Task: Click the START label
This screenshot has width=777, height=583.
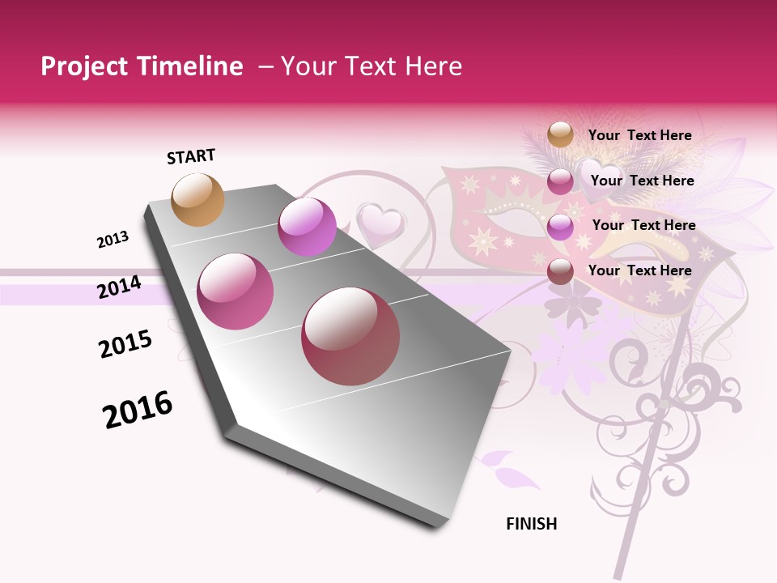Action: pyautogui.click(x=191, y=156)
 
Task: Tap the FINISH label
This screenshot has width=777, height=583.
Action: pyautogui.click(x=531, y=524)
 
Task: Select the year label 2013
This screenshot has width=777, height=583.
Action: pyautogui.click(x=113, y=240)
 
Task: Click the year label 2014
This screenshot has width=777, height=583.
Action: pyautogui.click(x=119, y=287)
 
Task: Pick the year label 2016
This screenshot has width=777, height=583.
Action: pyautogui.click(x=138, y=410)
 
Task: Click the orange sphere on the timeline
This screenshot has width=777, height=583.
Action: pyautogui.click(x=198, y=199)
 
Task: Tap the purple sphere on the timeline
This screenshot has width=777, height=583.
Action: pyautogui.click(x=307, y=227)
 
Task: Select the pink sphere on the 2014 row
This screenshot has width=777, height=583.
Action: pyautogui.click(x=236, y=291)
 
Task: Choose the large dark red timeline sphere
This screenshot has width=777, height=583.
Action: pyautogui.click(x=350, y=336)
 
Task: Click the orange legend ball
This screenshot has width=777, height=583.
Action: pyautogui.click(x=560, y=135)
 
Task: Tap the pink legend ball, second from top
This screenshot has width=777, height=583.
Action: pyautogui.click(x=560, y=181)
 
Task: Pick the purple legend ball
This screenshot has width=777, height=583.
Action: pyautogui.click(x=560, y=227)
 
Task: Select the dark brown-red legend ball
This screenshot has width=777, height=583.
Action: pyautogui.click(x=560, y=271)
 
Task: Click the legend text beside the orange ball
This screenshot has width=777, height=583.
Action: pyautogui.click(x=639, y=135)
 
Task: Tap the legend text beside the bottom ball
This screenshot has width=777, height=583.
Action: pyautogui.click(x=639, y=270)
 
